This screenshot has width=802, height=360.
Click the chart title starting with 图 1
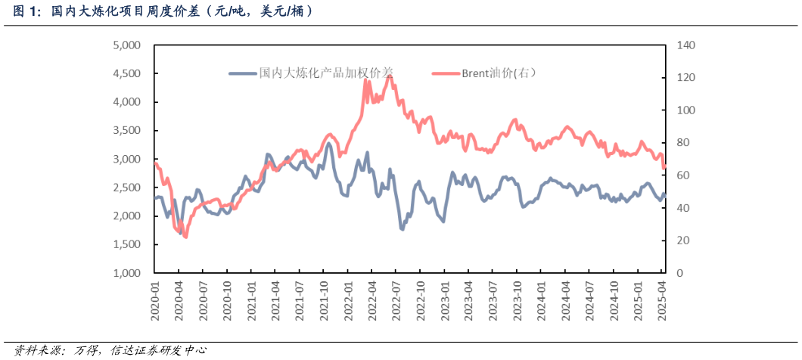[x=162, y=11]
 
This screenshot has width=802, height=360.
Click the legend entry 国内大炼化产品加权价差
[x=326, y=73]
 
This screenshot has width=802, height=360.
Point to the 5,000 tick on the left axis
[x=126, y=45]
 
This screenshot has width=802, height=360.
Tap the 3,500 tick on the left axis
[x=126, y=131]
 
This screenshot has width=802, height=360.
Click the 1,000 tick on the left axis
[x=126, y=273]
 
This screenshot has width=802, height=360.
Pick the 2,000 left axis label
[x=126, y=216]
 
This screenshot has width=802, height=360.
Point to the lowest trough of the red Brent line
[x=185, y=237]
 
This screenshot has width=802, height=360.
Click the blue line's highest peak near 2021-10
[x=328, y=143]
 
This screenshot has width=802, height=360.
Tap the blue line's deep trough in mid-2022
[x=402, y=228]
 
